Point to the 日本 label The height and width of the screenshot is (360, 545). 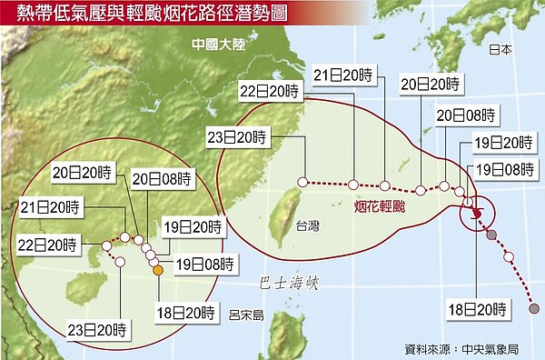pyautogui.click(x=500, y=50)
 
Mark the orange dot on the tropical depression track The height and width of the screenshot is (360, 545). pyautogui.click(x=157, y=270)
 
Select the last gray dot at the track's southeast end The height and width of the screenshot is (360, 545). pyautogui.click(x=534, y=309)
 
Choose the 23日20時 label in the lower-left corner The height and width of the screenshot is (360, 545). pyautogui.click(x=102, y=328)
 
